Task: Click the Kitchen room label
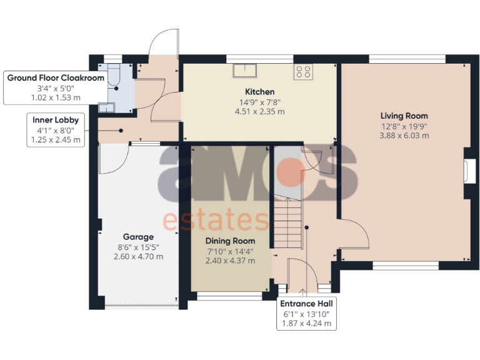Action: (x=259, y=92)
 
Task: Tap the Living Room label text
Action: (x=404, y=116)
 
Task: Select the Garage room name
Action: (x=138, y=237)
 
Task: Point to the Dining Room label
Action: (x=231, y=241)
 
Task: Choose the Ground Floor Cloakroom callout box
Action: (x=47, y=87)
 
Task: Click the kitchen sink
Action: (x=246, y=71)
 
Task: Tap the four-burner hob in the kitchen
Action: (x=304, y=71)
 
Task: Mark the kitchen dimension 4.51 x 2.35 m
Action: (x=259, y=112)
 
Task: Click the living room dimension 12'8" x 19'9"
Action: (x=404, y=126)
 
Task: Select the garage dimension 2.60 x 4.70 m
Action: (x=138, y=257)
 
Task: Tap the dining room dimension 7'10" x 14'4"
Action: (x=231, y=251)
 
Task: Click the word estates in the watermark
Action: (x=216, y=220)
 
